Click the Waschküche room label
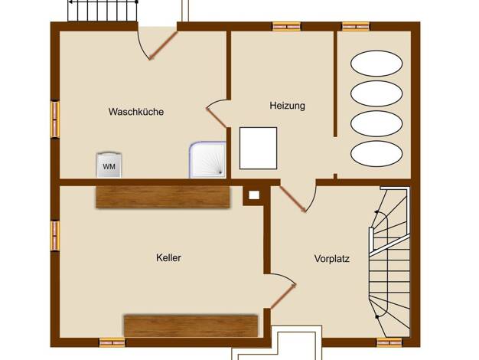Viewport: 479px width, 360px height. (136, 112)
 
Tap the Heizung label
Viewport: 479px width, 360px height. (287, 106)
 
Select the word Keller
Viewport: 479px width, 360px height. (168, 258)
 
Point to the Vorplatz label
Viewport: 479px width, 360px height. (332, 259)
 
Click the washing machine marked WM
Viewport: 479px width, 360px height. (109, 165)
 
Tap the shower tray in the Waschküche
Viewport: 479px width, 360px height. (207, 159)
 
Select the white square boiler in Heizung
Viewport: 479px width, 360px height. (258, 149)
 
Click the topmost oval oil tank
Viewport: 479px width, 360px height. (376, 64)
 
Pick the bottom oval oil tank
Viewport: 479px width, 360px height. (376, 153)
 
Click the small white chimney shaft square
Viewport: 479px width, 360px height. (254, 195)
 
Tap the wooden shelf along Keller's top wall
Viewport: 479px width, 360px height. (163, 197)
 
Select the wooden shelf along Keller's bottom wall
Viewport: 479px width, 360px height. (191, 326)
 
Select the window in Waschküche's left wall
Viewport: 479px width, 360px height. (55, 119)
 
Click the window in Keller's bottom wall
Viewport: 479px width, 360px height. (112, 342)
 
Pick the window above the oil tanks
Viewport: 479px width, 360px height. (356, 27)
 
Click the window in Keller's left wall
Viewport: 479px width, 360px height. (55, 236)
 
